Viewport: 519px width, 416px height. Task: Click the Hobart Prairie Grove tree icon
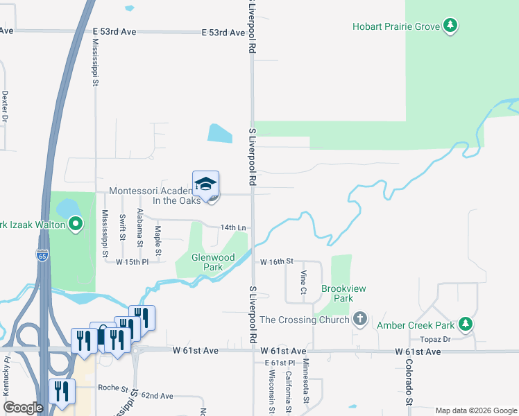click(451, 26)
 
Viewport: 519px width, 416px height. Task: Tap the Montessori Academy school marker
click(205, 184)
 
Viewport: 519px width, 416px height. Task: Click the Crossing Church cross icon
click(359, 320)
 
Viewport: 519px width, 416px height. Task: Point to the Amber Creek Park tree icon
click(467, 324)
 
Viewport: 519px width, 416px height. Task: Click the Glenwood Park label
click(213, 262)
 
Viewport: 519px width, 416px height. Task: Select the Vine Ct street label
click(303, 282)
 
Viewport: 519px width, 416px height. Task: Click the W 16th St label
click(277, 261)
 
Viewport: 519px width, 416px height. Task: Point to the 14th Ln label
click(233, 227)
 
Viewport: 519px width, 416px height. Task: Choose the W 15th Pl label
click(133, 262)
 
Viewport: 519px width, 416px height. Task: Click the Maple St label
click(158, 240)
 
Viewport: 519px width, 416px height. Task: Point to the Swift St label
click(122, 227)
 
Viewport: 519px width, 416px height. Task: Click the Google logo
click(23, 408)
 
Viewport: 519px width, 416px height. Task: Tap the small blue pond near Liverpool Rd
click(220, 133)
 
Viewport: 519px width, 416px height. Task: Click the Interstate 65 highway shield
click(42, 255)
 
